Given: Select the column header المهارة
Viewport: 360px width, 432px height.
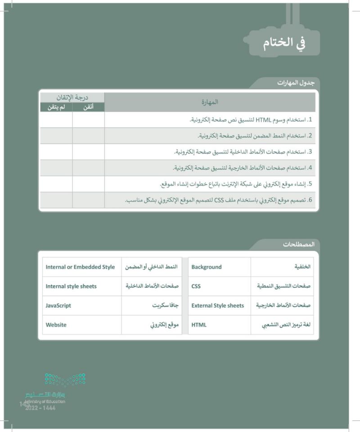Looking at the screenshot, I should click(x=210, y=102).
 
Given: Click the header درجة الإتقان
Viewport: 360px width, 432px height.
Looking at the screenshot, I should click(x=72, y=97).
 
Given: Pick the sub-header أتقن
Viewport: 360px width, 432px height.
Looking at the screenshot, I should click(x=88, y=107).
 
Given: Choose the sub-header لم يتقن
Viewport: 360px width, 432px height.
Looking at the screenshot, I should click(x=56, y=107).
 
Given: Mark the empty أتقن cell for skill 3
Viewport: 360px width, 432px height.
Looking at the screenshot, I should click(x=88, y=152).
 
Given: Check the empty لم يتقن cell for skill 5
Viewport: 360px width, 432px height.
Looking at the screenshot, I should click(x=56, y=184).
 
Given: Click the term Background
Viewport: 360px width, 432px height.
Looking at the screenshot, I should click(x=207, y=267).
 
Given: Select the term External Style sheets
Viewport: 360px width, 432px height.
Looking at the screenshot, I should click(x=217, y=305).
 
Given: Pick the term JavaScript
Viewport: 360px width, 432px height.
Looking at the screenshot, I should click(x=58, y=305).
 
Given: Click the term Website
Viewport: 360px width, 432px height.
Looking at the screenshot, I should click(x=56, y=325).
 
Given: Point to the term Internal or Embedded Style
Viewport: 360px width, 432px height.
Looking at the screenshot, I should click(x=80, y=267).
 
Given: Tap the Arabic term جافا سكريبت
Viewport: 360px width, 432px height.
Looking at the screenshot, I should click(x=164, y=305).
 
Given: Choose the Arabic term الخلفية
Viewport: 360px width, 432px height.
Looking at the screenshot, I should click(x=302, y=267).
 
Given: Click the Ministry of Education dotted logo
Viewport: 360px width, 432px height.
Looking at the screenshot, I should click(x=65, y=380).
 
